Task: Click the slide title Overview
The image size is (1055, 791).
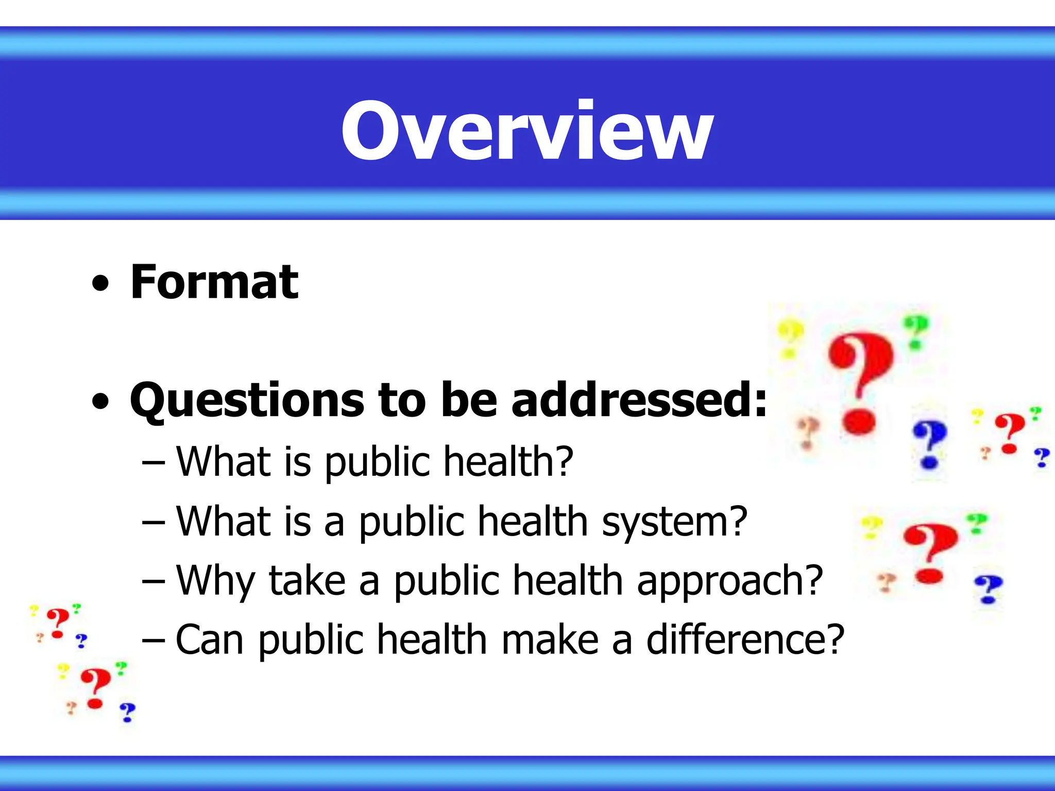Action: coord(527,130)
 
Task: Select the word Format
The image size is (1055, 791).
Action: coord(214,282)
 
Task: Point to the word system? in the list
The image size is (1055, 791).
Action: coord(674,522)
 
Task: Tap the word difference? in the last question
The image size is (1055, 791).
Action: coord(745,640)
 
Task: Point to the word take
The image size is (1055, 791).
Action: coord(307,581)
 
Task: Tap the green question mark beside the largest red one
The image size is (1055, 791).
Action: coord(915,332)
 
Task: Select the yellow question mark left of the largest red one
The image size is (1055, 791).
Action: coord(790,338)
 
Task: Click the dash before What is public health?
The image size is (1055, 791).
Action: coord(154,463)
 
